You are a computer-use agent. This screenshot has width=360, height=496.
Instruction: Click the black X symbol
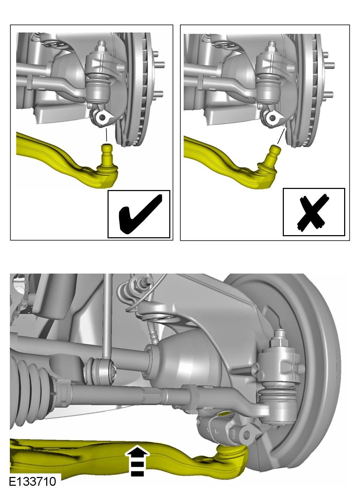pos(313,213)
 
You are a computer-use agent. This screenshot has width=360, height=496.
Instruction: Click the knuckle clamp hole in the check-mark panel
pos(102,117)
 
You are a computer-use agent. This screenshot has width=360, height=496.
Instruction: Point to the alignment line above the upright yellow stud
pos(106,135)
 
